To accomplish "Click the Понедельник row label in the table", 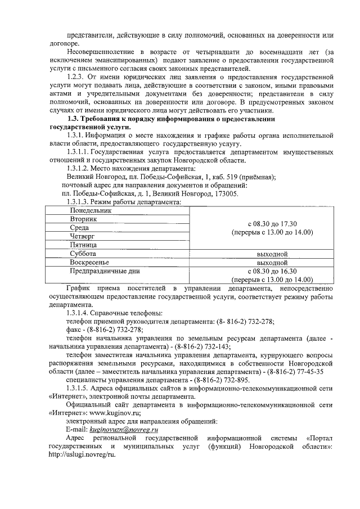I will coord(91,210).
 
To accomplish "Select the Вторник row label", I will coord(84,219).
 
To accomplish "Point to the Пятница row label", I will coord(84,245).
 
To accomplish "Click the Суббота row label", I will coord(83,254).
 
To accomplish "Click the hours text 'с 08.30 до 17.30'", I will coord(272,223).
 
